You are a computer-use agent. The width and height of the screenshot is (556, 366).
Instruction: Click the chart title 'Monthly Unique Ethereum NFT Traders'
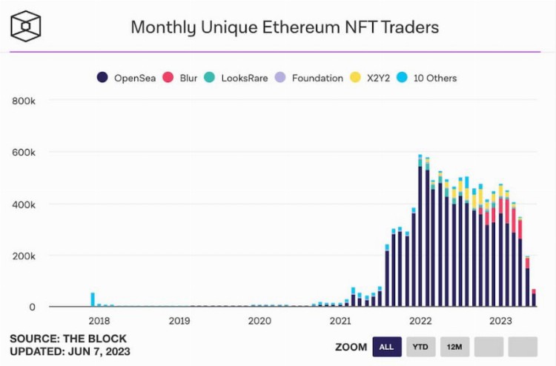tap(285, 27)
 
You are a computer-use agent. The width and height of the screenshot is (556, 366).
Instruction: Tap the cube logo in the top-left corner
tap(26, 26)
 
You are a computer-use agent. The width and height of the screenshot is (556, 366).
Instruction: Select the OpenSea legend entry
tap(126, 78)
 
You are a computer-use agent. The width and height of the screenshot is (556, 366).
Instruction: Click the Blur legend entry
tap(181, 78)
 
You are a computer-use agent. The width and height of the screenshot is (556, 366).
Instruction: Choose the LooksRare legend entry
tap(236, 78)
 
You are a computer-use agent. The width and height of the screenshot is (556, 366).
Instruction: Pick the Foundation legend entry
tap(309, 78)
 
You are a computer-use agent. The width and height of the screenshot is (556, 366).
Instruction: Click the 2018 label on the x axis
tap(99, 321)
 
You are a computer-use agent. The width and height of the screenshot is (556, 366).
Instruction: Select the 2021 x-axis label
tap(340, 321)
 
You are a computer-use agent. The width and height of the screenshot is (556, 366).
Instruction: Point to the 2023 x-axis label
tap(500, 321)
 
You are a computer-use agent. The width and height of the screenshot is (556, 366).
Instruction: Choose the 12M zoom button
tap(454, 347)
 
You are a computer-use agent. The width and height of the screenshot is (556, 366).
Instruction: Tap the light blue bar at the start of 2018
tap(93, 299)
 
